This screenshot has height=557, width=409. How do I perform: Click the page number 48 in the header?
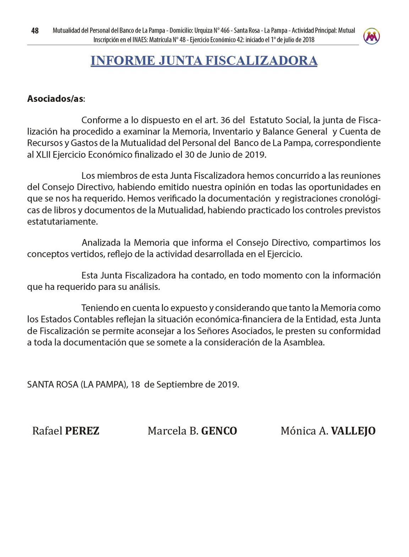coord(35,31)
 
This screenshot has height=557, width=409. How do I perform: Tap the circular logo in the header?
coord(371,36)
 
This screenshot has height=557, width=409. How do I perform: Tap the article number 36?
coord(225,120)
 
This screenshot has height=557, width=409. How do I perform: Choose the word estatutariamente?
coord(62,222)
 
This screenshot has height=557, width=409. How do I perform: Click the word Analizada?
coord(101,243)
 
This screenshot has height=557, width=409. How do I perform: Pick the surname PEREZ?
coord(82,431)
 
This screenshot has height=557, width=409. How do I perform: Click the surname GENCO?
coord(219,431)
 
